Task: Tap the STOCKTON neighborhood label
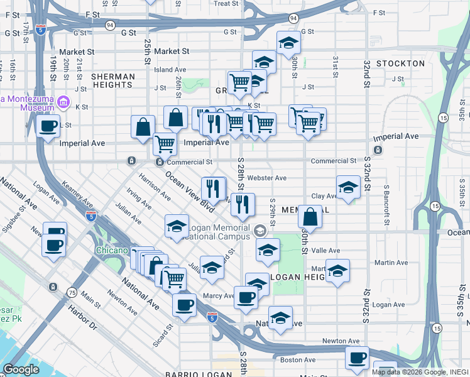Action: click(401, 63)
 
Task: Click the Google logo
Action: click(21, 369)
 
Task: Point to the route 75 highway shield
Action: click(72, 293)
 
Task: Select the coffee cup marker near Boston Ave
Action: click(357, 358)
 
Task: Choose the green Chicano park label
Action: click(112, 250)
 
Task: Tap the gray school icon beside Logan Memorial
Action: click(260, 232)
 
